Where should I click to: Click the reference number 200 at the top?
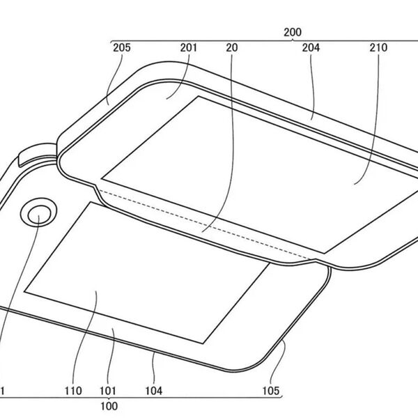point(293,32)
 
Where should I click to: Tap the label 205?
point(122,47)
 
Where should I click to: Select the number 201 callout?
point(189,47)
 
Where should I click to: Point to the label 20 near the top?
point(232,47)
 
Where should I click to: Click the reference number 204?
point(311,47)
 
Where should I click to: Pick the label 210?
point(378,47)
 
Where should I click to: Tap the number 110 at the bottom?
point(73,391)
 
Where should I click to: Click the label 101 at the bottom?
point(108,391)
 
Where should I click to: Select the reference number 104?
point(153,391)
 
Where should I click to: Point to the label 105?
point(271,391)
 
